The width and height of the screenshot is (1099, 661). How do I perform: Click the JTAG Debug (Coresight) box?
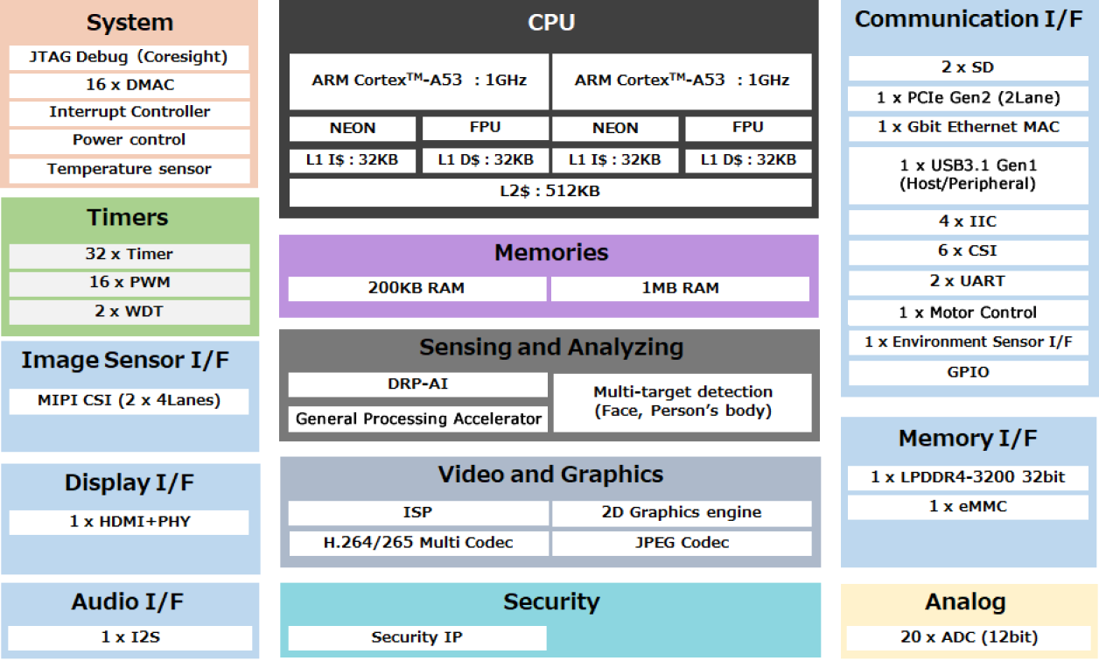tap(129, 58)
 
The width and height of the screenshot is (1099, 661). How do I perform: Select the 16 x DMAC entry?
tap(129, 85)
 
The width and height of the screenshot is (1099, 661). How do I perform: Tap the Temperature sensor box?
tap(129, 169)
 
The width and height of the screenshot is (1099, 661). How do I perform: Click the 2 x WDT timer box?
tap(129, 312)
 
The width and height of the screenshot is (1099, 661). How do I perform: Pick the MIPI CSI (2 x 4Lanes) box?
tap(129, 401)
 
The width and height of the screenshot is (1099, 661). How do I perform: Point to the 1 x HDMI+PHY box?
tap(129, 522)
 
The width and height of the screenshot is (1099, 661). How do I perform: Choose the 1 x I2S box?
tap(129, 637)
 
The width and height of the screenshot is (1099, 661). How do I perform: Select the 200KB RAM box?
tap(416, 288)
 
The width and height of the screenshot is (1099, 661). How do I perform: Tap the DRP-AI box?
tap(417, 384)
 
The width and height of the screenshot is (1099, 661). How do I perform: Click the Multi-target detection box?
tap(682, 402)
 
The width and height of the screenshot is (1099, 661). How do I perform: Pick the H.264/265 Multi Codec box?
tap(417, 543)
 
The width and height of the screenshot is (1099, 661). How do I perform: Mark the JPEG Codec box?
tap(682, 543)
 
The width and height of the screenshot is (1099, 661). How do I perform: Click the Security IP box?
tap(416, 637)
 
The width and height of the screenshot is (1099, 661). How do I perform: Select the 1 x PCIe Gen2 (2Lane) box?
tap(968, 98)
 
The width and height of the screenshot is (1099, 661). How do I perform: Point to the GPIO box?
tap(968, 372)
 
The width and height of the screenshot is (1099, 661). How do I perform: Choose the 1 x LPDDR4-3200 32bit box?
tap(968, 477)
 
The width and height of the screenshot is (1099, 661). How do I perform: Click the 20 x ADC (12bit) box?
tap(968, 637)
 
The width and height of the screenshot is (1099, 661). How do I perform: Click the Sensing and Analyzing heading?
tap(550, 348)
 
